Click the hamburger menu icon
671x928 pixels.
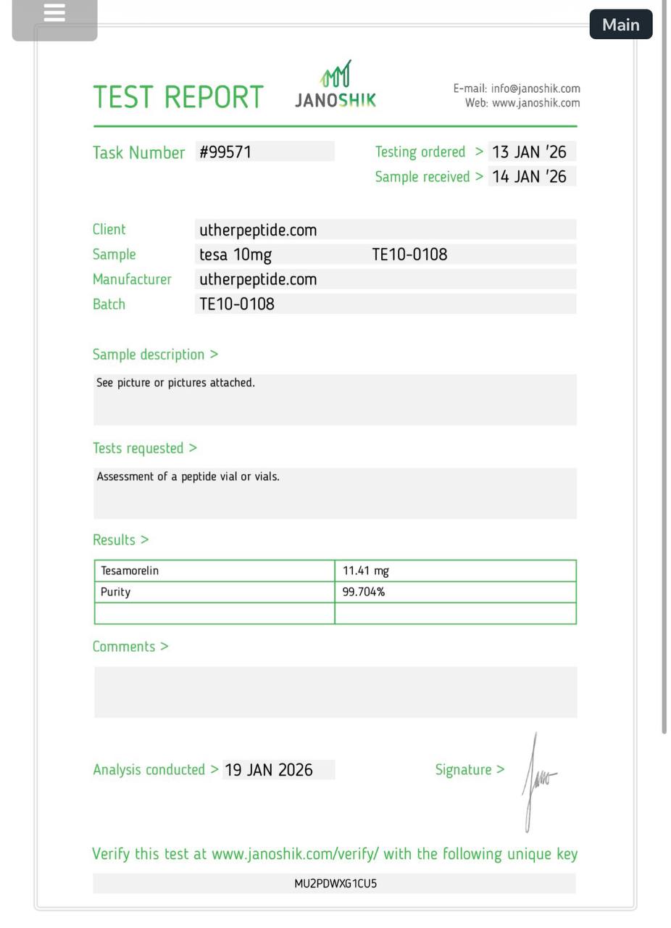[x=54, y=13]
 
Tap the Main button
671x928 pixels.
[x=620, y=25]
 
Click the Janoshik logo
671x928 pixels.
[x=335, y=86]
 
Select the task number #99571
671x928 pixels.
[x=225, y=152]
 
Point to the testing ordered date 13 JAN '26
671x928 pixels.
[x=529, y=152]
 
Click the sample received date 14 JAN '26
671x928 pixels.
[x=529, y=177]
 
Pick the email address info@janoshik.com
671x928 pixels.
[x=535, y=88]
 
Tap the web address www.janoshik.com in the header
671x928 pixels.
[x=535, y=103]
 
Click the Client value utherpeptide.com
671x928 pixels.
[x=258, y=231]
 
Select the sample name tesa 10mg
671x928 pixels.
[x=236, y=255]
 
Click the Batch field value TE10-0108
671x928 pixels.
[x=237, y=304]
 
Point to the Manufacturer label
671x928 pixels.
[x=132, y=280]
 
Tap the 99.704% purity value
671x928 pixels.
[x=364, y=592]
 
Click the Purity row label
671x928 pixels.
[x=116, y=592]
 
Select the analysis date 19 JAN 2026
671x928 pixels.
[x=269, y=770]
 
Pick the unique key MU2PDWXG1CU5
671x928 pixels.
[x=335, y=884]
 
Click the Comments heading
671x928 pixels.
[x=130, y=647]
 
